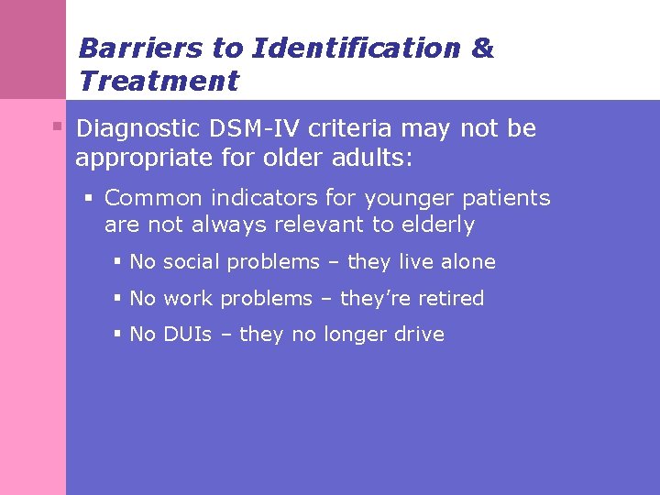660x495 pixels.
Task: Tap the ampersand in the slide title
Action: point(482,49)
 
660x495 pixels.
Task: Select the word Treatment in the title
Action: point(159,81)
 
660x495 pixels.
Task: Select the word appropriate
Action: point(134,159)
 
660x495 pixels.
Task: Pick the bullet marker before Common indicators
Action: point(90,197)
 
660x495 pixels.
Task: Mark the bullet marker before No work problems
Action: point(117,298)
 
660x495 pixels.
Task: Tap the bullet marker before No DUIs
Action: point(117,335)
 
